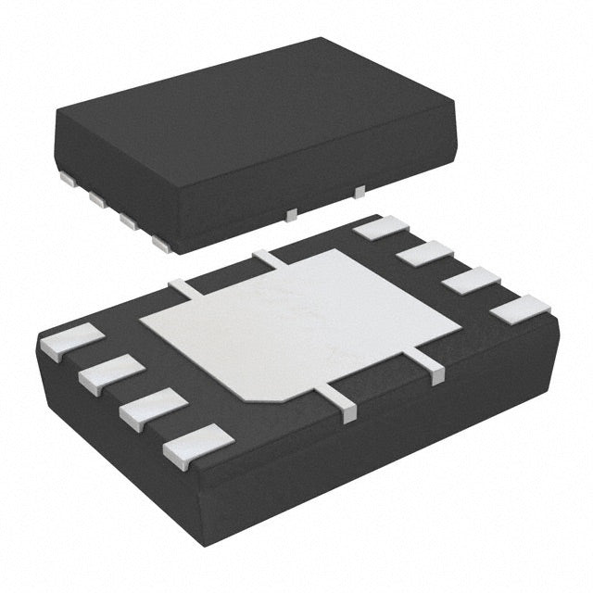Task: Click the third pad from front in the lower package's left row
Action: point(107,372)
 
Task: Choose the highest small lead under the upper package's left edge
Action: point(68,175)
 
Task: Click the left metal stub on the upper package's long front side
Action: point(290,214)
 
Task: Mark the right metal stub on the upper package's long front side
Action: point(360,191)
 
